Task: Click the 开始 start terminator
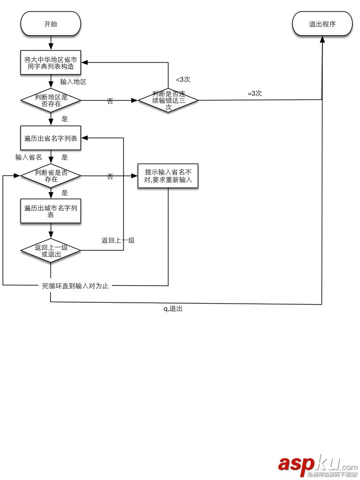coord(50,24)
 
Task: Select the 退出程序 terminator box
coord(322,24)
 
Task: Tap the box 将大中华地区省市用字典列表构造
coord(50,63)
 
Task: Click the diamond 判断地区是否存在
coord(50,101)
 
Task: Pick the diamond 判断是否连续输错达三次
coord(168,101)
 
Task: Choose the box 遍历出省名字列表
coord(50,138)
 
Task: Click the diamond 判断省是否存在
coord(50,176)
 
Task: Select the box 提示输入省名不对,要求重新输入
coord(168,176)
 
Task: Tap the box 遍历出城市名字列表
coord(50,211)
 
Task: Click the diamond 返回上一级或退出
coord(50,251)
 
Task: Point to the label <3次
coord(183,80)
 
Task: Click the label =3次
coord(254,94)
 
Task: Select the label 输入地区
coord(73,82)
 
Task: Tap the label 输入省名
coord(28,157)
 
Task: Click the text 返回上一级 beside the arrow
coord(118,240)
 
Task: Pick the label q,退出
coord(173,309)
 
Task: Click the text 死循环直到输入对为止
coord(75,286)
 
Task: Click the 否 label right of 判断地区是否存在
coord(110,101)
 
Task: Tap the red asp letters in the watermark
coord(296,464)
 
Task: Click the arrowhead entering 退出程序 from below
coord(322,39)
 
